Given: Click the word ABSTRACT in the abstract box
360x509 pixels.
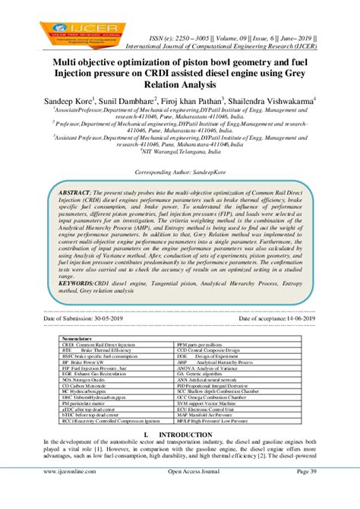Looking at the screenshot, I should tap(74, 194).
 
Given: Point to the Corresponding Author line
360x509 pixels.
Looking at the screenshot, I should tap(180, 172).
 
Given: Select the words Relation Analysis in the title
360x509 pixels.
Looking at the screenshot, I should tap(179, 84).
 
